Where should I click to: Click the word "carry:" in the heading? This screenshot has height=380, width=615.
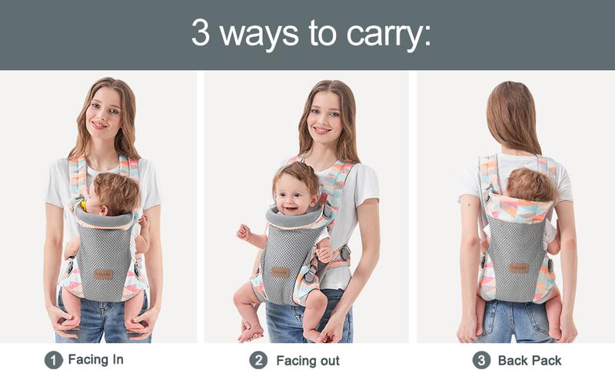coord(388,35)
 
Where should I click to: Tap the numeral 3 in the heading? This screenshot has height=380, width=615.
coord(201,32)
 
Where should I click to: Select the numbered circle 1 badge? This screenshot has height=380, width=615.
coord(54,360)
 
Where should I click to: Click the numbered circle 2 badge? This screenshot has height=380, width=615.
coord(258,360)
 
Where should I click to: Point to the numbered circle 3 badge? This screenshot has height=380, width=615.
coord(481,360)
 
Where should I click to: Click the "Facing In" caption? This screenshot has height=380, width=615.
coord(95,359)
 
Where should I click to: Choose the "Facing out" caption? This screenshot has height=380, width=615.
coord(308,361)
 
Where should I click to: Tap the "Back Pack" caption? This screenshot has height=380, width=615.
coord(530,360)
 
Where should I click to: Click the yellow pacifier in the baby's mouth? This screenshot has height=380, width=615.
coord(84,205)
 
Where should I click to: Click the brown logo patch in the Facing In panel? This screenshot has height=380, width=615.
coord(104,275)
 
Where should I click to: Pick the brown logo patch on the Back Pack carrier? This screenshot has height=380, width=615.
coord(519,268)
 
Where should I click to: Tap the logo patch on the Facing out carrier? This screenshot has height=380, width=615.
coord(280,272)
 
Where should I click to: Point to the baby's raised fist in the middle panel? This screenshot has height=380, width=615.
coord(244,232)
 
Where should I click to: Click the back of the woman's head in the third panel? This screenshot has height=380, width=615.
coord(512,114)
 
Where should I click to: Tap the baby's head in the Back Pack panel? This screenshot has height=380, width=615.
coord(531,185)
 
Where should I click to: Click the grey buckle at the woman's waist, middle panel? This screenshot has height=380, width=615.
coord(344,253)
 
